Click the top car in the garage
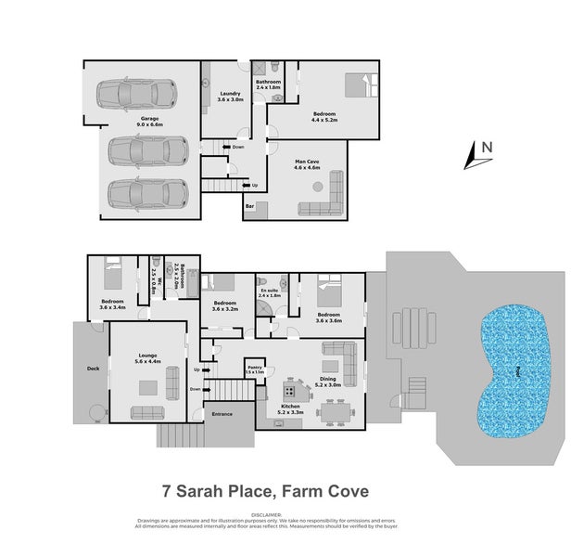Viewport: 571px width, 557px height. coord(136,94)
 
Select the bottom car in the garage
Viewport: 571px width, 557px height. coord(142,193)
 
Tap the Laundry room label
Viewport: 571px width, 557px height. coord(231,93)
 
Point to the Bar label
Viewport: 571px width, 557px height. coord(250,206)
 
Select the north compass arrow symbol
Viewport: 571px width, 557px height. coord(479,153)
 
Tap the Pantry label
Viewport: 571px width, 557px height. coord(255,368)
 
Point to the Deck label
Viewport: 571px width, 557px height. coord(93,368)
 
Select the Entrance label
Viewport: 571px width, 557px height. coord(222,414)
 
